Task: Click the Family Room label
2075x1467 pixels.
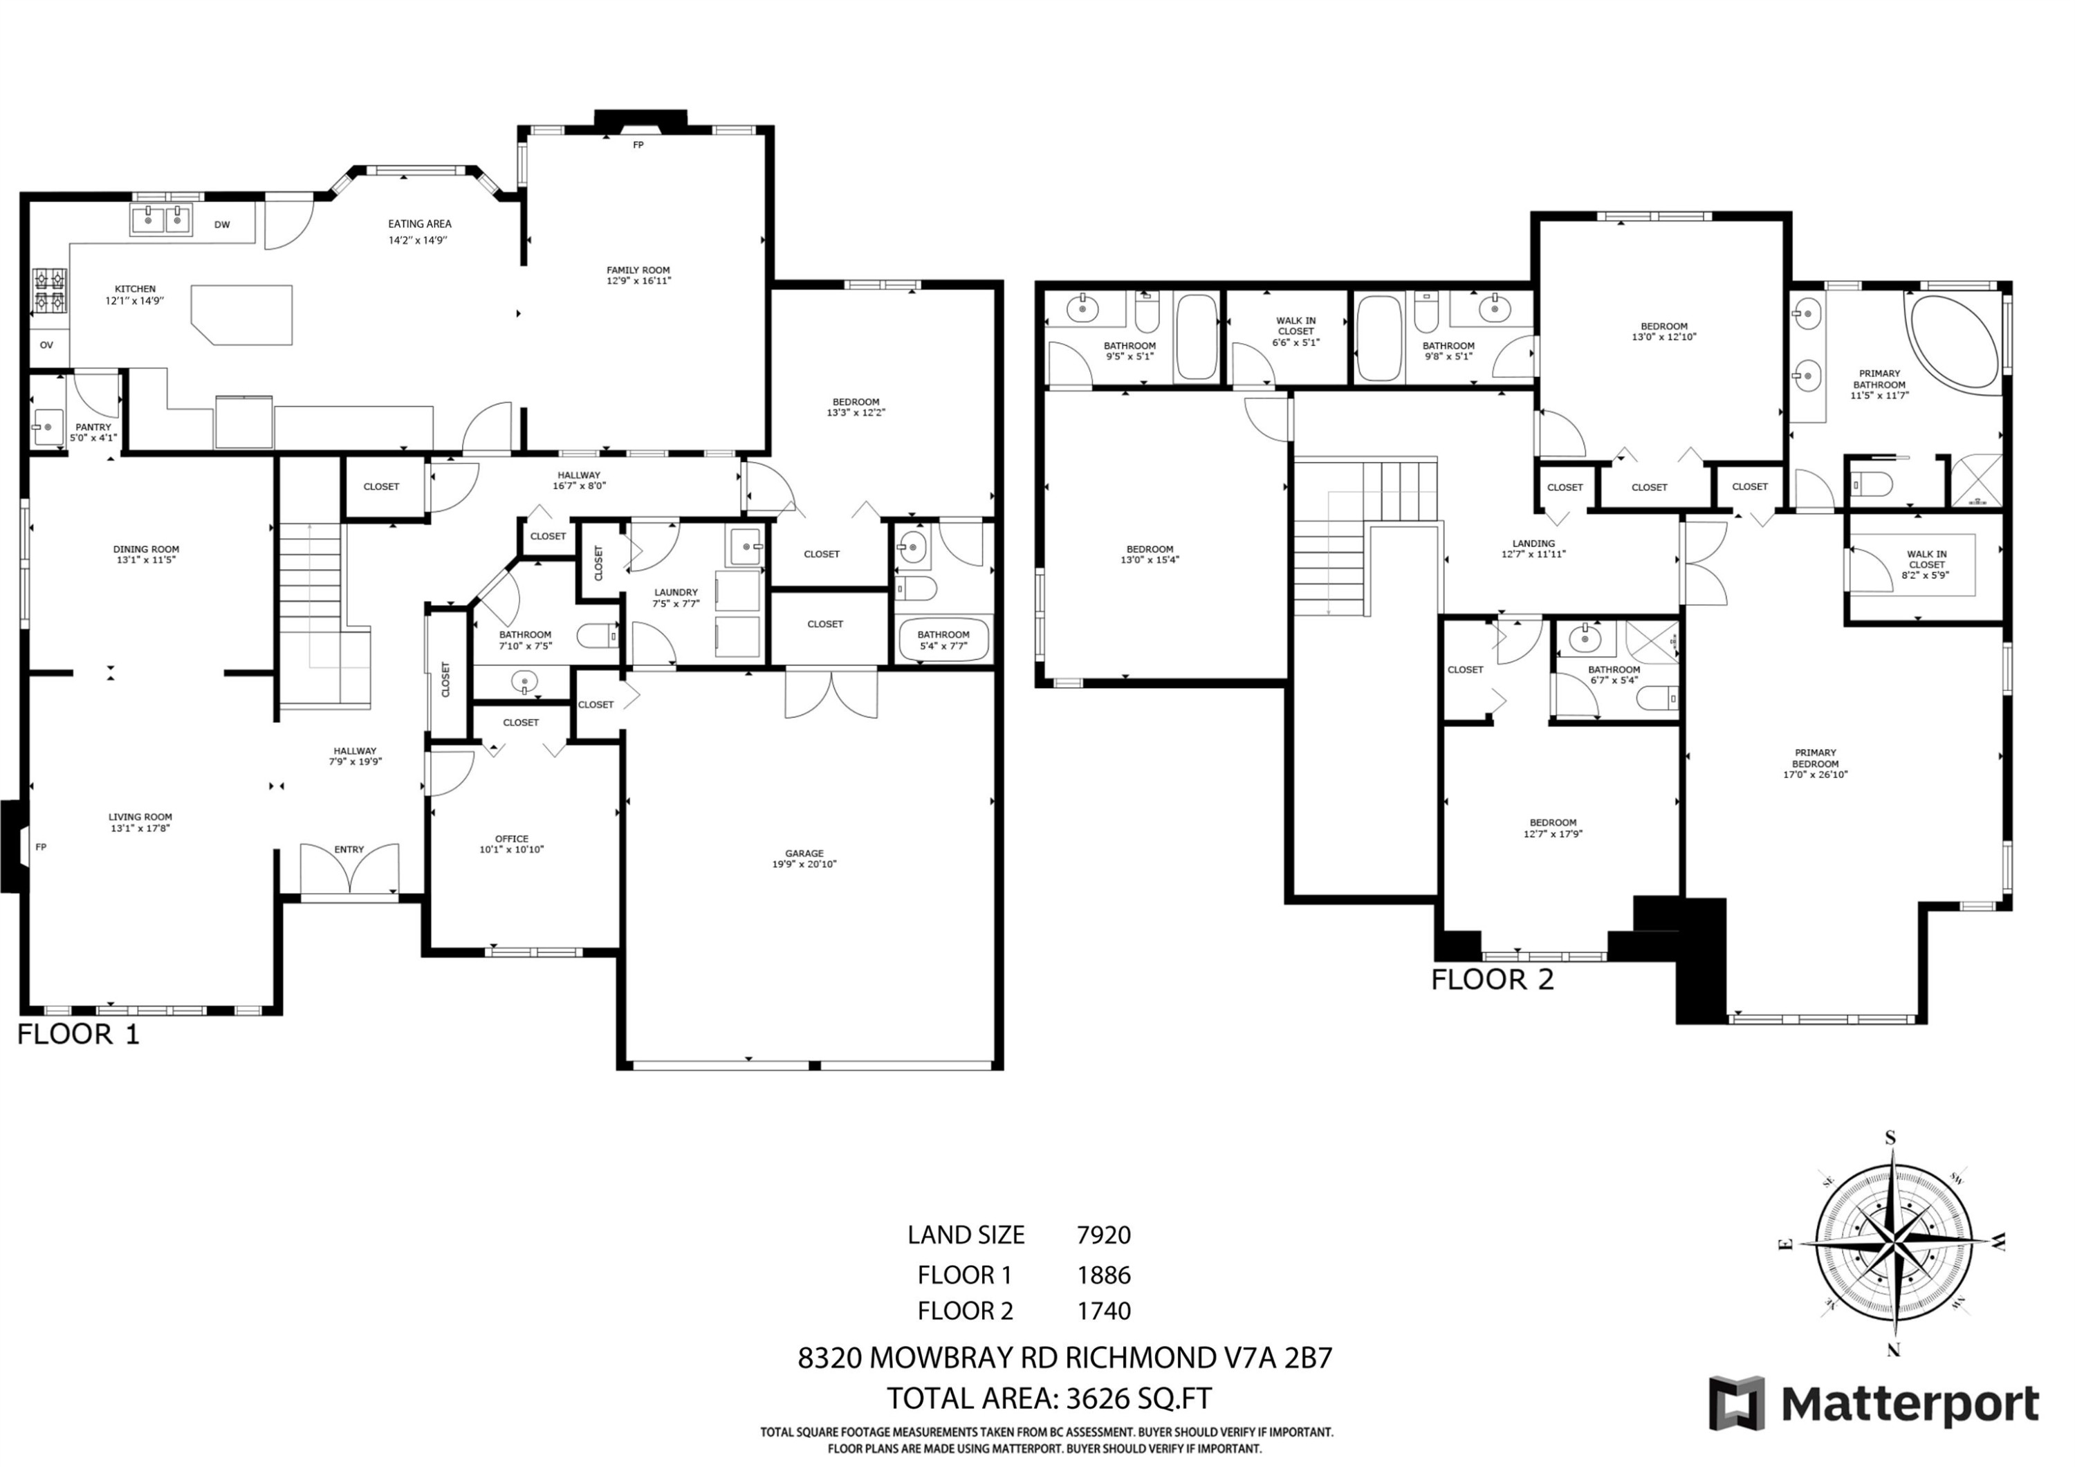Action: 638,270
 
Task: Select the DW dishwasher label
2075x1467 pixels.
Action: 222,225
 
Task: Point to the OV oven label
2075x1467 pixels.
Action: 46,345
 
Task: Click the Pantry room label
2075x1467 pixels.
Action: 93,427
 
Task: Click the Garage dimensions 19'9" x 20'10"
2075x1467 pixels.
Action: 804,864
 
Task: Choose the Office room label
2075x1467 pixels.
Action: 512,839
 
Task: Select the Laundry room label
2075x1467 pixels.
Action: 676,593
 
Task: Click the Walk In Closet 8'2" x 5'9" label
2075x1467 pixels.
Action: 1927,564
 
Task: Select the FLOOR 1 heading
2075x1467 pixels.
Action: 79,1034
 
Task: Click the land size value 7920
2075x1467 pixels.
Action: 1103,1235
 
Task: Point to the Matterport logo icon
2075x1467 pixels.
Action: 1736,1405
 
